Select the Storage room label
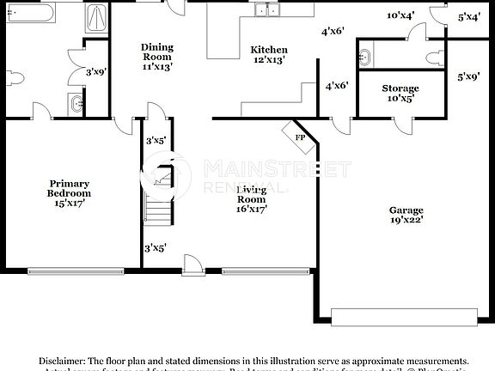400,93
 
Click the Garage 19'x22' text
406,215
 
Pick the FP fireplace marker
300,137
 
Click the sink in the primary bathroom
76,105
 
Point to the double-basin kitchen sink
272,10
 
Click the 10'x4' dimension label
400,15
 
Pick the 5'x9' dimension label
468,76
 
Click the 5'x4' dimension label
469,16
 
